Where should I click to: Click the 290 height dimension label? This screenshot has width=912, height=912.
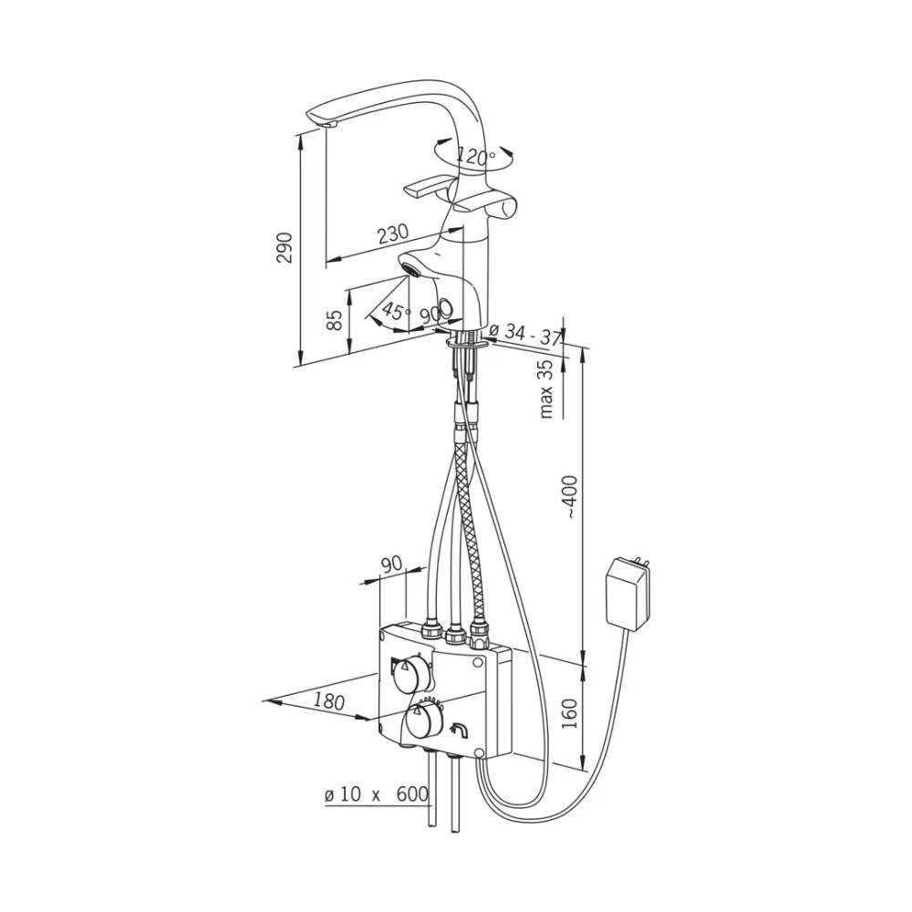point(285,248)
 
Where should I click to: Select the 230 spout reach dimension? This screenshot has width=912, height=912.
point(393,233)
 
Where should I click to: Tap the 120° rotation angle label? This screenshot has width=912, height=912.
point(476,155)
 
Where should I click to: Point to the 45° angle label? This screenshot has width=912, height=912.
point(396,311)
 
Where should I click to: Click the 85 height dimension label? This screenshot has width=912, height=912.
point(335,320)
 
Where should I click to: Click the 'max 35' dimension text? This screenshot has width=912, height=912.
point(546,389)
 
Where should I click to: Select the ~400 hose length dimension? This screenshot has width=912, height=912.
point(571,496)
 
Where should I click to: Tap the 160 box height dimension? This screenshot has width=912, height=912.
point(571,713)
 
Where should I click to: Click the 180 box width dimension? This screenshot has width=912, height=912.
point(330,700)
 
